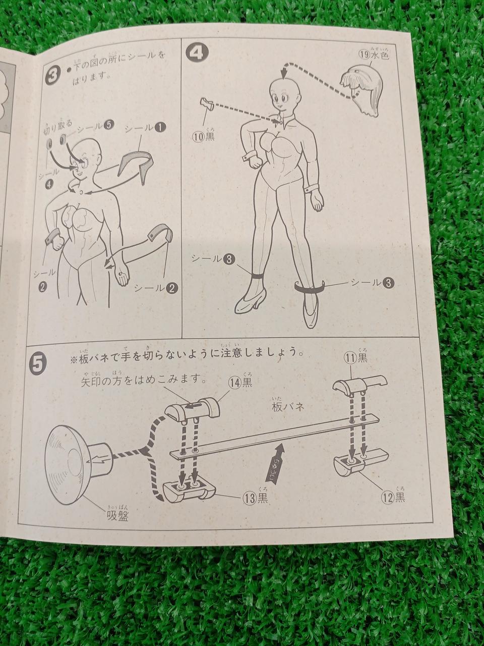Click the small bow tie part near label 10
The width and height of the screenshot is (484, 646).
pos(207,104)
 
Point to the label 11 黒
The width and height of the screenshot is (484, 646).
pos(356,358)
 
